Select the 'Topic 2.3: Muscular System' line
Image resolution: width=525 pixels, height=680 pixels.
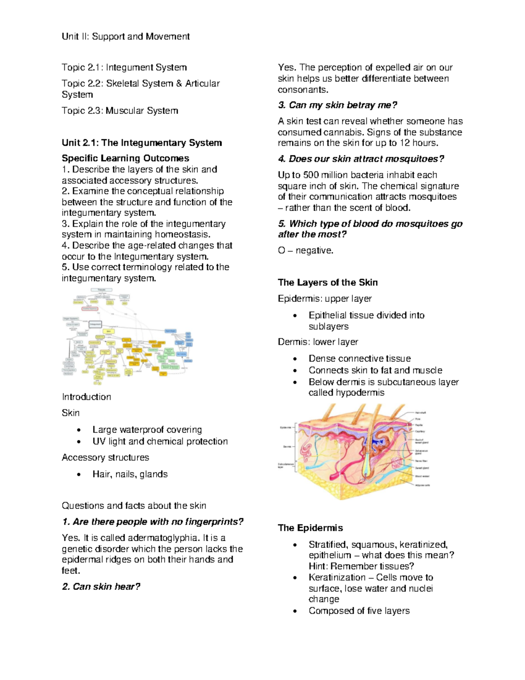(x=120, y=111)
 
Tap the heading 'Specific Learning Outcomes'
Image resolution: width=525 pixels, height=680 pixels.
(x=126, y=158)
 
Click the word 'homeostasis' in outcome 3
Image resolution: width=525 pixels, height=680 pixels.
(x=182, y=235)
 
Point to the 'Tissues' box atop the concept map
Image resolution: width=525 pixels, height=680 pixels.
(x=101, y=290)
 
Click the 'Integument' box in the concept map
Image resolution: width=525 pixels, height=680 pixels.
(x=95, y=324)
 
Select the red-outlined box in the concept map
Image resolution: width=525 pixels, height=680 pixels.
(x=90, y=309)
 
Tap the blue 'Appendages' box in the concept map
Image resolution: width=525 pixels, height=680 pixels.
(x=170, y=331)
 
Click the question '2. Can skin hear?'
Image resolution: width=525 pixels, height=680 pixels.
(x=101, y=587)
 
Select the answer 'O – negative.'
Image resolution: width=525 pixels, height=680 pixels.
(x=305, y=250)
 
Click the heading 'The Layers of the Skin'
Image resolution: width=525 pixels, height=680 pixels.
(x=328, y=282)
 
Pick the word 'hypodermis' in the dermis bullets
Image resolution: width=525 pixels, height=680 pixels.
(x=359, y=393)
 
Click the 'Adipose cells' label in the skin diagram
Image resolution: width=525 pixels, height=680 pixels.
(x=422, y=485)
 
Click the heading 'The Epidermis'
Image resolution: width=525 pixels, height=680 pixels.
(x=310, y=528)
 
